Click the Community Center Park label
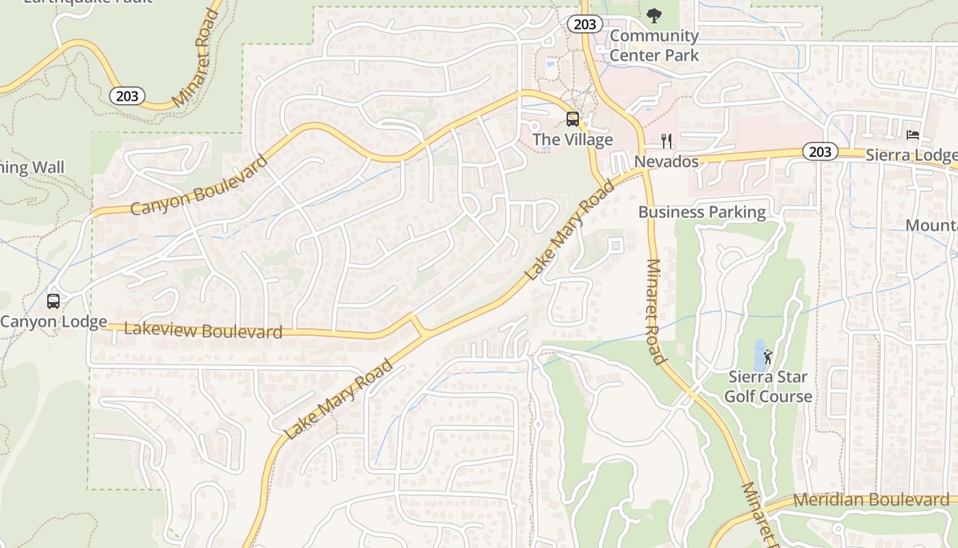pyautogui.click(x=654, y=45)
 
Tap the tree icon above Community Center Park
pyautogui.click(x=654, y=15)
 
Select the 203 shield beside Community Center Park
pyautogui.click(x=584, y=25)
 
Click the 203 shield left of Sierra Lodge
pyautogui.click(x=820, y=151)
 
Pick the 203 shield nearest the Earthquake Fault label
pyautogui.click(x=127, y=96)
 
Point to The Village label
pyautogui.click(x=572, y=140)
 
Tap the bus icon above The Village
pyautogui.click(x=573, y=119)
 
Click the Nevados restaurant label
pyautogui.click(x=666, y=162)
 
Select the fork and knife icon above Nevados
pyautogui.click(x=666, y=141)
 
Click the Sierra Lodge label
pyautogui.click(x=910, y=155)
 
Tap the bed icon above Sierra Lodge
pyautogui.click(x=913, y=135)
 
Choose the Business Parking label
pyautogui.click(x=702, y=212)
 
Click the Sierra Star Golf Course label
pyautogui.click(x=768, y=386)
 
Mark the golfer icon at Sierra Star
pyautogui.click(x=768, y=357)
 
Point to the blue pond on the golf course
pyautogui.click(x=759, y=353)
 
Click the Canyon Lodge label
pyautogui.click(x=53, y=321)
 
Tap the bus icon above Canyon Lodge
pyautogui.click(x=53, y=301)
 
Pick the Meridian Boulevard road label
pyautogui.click(x=871, y=500)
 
